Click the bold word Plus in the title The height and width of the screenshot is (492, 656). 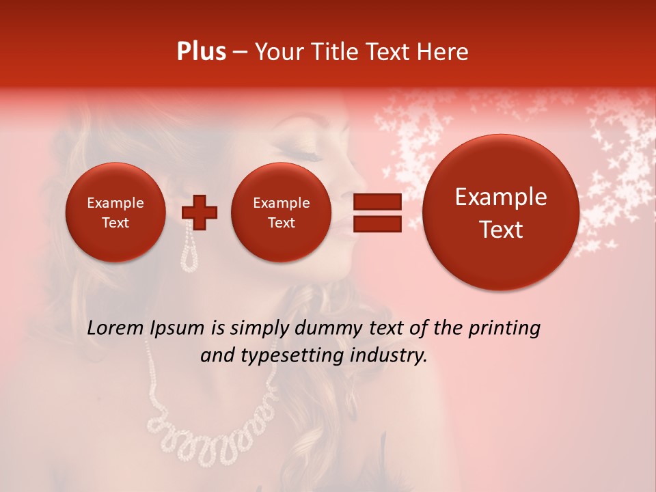(x=201, y=52)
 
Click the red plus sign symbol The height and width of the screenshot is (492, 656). (x=199, y=212)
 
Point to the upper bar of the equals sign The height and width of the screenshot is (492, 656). (x=377, y=202)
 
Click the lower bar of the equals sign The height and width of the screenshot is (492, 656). (x=377, y=223)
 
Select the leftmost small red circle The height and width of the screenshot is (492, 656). (x=115, y=212)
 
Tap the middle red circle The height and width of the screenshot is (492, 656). (x=281, y=212)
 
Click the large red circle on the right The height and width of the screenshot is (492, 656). (x=501, y=212)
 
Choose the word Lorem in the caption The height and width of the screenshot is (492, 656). (x=115, y=329)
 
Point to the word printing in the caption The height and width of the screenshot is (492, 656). (x=505, y=329)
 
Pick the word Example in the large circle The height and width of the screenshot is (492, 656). (x=501, y=197)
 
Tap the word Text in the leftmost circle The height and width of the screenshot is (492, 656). (x=115, y=223)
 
